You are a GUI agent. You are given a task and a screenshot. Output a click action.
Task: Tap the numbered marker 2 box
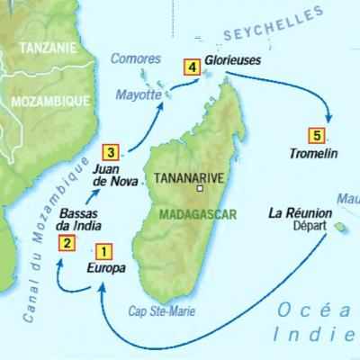tap(67, 241)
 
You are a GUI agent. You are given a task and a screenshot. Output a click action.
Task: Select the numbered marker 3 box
tap(109, 151)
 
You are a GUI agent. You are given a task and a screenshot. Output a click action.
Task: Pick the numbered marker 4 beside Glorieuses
tap(190, 65)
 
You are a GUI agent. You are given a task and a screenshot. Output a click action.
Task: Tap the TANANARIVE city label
tap(189, 177)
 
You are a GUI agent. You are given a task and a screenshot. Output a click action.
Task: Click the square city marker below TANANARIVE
tap(202, 190)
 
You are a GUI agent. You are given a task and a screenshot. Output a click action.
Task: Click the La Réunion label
tap(301, 213)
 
